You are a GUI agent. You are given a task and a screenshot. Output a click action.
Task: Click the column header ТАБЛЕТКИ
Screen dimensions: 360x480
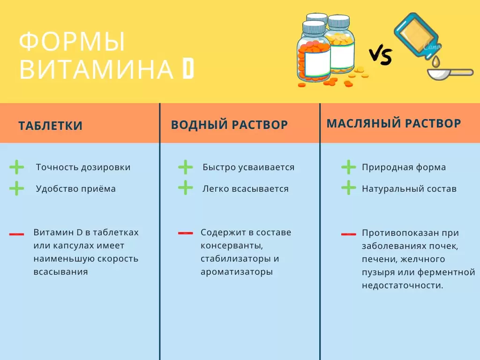pyautogui.click(x=51, y=126)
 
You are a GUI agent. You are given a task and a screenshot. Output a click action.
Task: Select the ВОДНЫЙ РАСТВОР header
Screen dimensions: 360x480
pyautogui.click(x=229, y=125)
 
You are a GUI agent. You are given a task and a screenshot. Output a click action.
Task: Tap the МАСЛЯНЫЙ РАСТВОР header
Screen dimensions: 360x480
pyautogui.click(x=394, y=123)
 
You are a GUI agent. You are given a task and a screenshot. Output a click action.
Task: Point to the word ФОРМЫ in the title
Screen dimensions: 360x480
pyautogui.click(x=73, y=43)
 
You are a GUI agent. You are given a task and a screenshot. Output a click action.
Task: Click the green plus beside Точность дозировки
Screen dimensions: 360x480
pyautogui.click(x=16, y=167)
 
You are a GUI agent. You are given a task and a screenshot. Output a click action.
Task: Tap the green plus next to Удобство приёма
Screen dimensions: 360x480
pyautogui.click(x=16, y=188)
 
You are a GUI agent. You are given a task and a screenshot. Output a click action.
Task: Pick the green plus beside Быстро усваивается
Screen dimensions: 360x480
pyautogui.click(x=186, y=167)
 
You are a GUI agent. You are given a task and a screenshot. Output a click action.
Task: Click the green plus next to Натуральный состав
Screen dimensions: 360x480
pyautogui.click(x=348, y=188)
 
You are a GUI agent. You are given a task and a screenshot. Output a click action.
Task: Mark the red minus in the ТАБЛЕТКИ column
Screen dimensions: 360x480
pyautogui.click(x=16, y=233)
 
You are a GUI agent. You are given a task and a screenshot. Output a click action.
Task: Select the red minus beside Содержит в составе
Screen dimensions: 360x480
pyautogui.click(x=186, y=232)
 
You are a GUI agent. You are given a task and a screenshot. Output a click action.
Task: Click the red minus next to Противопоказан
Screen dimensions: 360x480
pyautogui.click(x=348, y=233)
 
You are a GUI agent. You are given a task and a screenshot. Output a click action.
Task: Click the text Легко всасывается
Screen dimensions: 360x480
pyautogui.click(x=245, y=189)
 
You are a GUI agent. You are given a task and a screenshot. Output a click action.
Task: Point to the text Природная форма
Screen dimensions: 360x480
pyautogui.click(x=404, y=167)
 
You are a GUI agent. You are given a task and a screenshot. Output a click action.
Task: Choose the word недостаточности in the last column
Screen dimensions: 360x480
pyautogui.click(x=402, y=285)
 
